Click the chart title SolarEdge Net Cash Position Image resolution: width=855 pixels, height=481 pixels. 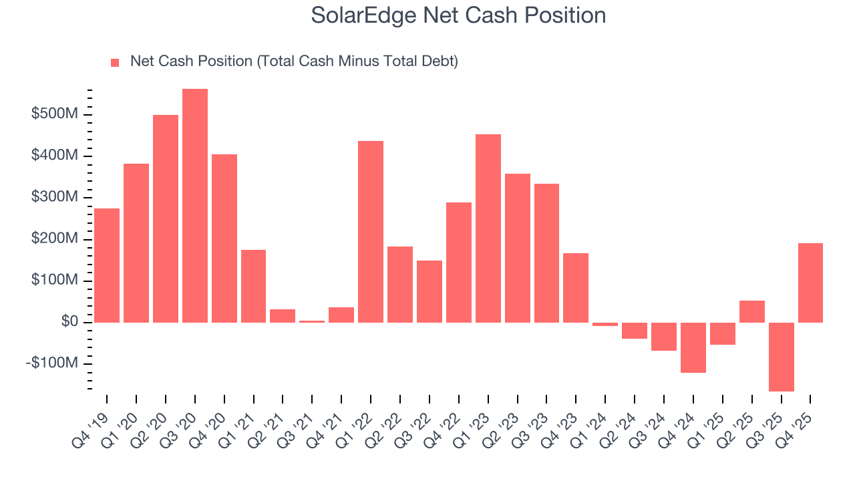[x=458, y=15]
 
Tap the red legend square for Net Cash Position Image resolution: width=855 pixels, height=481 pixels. [x=115, y=62]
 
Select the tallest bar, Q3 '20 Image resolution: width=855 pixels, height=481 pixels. [x=194, y=206]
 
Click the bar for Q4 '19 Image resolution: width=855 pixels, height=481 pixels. [x=107, y=265]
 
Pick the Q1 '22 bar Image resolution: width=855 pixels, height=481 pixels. [x=371, y=232]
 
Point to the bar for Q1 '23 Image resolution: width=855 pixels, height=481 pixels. [x=488, y=228]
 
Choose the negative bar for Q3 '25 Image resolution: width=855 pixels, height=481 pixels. [x=781, y=357]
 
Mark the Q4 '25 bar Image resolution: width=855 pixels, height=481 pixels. [x=810, y=283]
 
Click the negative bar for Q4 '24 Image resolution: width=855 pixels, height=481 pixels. [x=693, y=347]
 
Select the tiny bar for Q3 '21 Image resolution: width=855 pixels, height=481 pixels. [x=312, y=321]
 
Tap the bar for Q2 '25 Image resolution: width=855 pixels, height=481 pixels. [x=751, y=311]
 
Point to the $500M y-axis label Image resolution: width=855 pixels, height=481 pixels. [x=55, y=114]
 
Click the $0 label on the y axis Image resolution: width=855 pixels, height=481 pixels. [x=69, y=322]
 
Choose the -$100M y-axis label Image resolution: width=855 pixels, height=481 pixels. [x=53, y=363]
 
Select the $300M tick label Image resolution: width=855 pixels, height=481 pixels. [x=55, y=197]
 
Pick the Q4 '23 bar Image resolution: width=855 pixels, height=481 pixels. [x=576, y=287]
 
